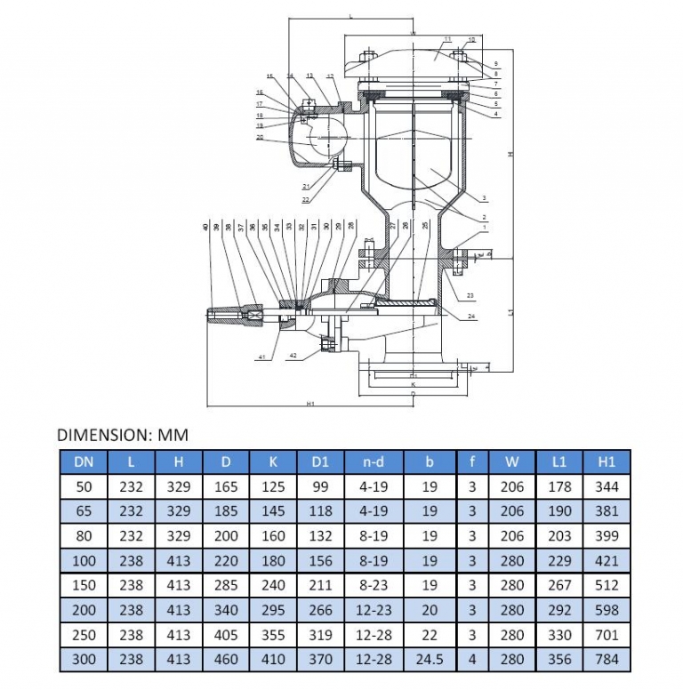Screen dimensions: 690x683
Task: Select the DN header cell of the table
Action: tap(82, 461)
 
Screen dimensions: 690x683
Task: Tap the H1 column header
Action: tap(607, 461)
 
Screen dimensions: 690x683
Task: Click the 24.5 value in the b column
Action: tap(430, 659)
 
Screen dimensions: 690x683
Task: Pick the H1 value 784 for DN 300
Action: tap(607, 659)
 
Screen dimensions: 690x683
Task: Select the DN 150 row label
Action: tap(82, 585)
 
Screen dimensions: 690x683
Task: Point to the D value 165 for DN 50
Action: tap(226, 486)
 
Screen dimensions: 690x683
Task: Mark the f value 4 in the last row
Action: tap(471, 659)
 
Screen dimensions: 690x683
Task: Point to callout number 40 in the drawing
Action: tap(205, 229)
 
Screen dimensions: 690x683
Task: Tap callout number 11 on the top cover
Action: tap(447, 40)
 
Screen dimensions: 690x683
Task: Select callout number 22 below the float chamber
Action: tap(305, 199)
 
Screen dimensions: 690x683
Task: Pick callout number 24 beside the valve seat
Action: tap(470, 316)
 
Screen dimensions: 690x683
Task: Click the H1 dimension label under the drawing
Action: tap(310, 404)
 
